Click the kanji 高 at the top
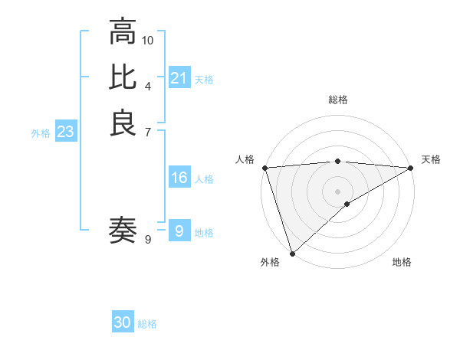point(123,34)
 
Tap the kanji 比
point(123,77)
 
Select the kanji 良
point(123,123)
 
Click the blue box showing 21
point(179,78)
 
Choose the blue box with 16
point(179,178)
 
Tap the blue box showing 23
point(66,133)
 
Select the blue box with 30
point(123,322)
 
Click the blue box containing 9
point(179,231)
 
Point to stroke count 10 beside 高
point(148,39)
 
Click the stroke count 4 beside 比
point(148,85)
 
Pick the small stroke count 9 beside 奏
point(148,240)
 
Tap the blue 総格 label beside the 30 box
point(147,324)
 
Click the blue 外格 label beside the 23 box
point(41,133)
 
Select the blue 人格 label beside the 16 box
point(204,179)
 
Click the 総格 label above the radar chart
point(338,100)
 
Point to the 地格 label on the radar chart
point(402,263)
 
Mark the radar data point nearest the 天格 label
point(411,168)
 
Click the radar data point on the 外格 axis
point(291,254)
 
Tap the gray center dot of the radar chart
point(338,191)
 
